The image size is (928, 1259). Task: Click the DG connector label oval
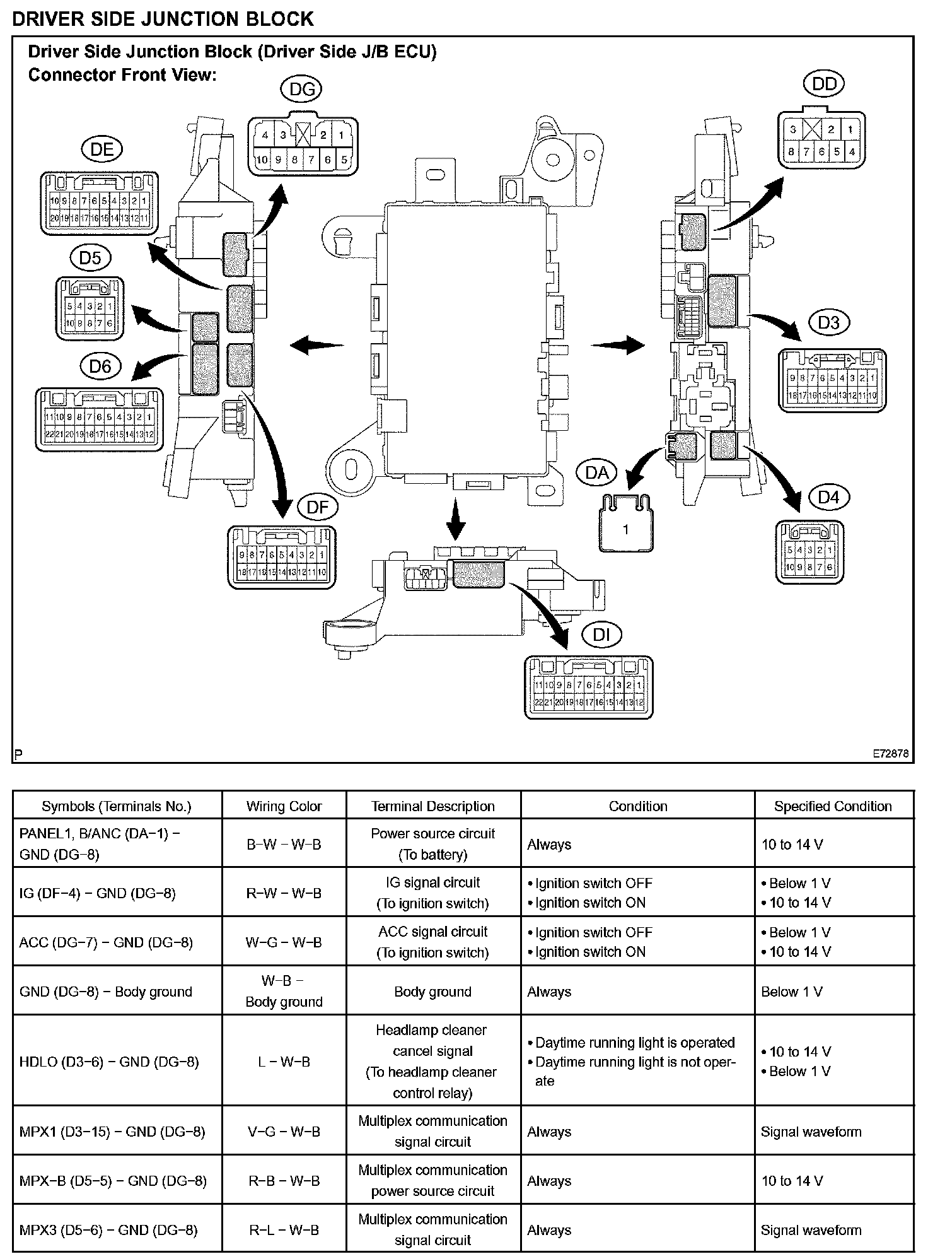[301, 90]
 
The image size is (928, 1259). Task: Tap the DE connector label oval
[102, 149]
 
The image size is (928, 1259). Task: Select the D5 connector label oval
[90, 258]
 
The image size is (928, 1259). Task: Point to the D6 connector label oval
[100, 366]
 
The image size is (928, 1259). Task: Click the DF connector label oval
[317, 508]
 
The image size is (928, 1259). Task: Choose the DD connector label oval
[824, 84]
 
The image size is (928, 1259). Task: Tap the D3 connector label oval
[828, 323]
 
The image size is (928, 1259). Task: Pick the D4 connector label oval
[828, 498]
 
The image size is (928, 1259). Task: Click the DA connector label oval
[596, 473]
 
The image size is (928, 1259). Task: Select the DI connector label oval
[601, 635]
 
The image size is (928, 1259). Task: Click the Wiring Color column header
[284, 806]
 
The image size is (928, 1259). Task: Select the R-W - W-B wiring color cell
[284, 893]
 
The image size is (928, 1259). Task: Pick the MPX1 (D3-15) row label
[112, 1132]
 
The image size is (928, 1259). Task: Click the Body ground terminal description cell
[432, 992]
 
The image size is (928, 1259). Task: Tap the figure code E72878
[890, 754]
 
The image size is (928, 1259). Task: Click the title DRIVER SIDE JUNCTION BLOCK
[163, 19]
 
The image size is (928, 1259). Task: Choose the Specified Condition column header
[833, 806]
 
